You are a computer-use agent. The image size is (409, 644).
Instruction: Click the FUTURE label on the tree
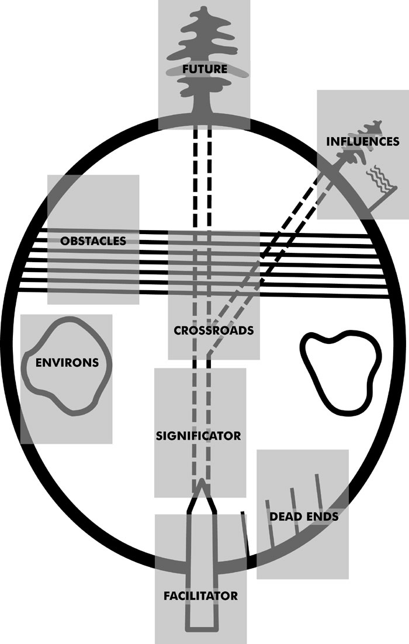point(204,68)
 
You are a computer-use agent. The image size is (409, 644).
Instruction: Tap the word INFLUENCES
point(363,141)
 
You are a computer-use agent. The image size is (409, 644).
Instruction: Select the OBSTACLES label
point(93,241)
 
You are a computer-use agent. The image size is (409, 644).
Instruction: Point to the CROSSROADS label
point(214,330)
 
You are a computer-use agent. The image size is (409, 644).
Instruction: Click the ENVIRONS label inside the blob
point(67,363)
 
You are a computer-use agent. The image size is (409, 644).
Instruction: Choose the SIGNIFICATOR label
point(199,436)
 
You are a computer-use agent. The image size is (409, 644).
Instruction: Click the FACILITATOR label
point(200,596)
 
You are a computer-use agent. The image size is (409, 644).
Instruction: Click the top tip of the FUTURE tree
point(203,8)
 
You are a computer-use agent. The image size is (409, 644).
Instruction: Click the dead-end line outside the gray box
point(245,534)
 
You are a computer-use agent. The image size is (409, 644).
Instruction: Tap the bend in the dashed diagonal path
point(209,353)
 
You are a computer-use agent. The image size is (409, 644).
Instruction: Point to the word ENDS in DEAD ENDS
point(321,516)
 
